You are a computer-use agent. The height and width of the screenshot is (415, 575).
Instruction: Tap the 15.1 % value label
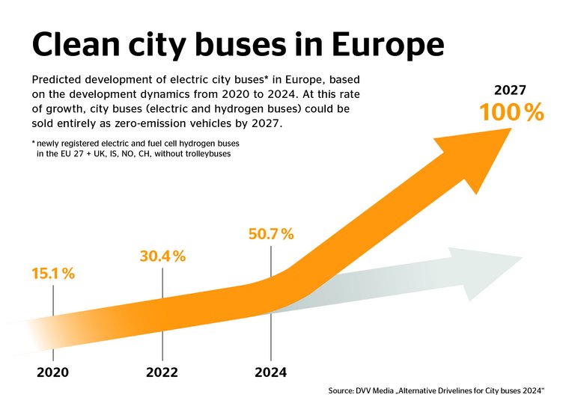coord(52,274)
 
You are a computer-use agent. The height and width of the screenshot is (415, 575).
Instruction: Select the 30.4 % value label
coord(162,256)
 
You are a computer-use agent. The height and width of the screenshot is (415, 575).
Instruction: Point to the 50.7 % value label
coord(270,234)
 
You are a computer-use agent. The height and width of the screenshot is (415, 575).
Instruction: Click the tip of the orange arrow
coord(509,130)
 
